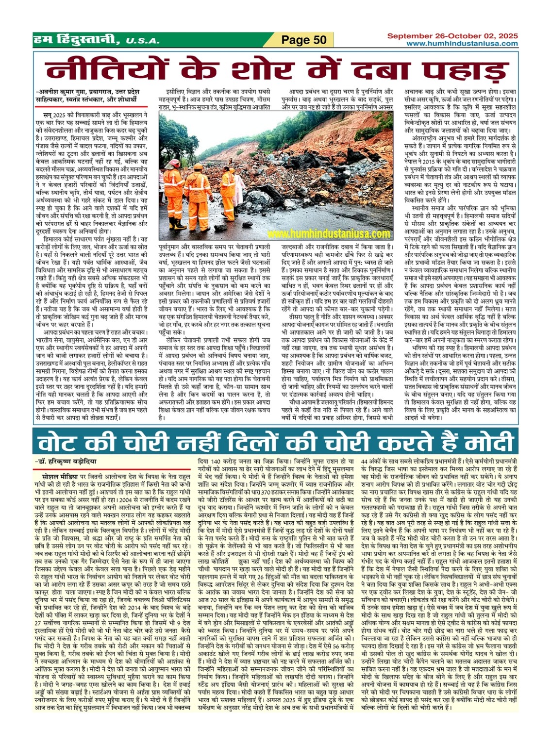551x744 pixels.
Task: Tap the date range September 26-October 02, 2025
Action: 452,36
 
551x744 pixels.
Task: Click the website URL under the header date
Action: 462,44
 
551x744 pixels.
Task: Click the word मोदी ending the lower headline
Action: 485,443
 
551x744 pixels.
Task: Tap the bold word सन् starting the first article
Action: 48,113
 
